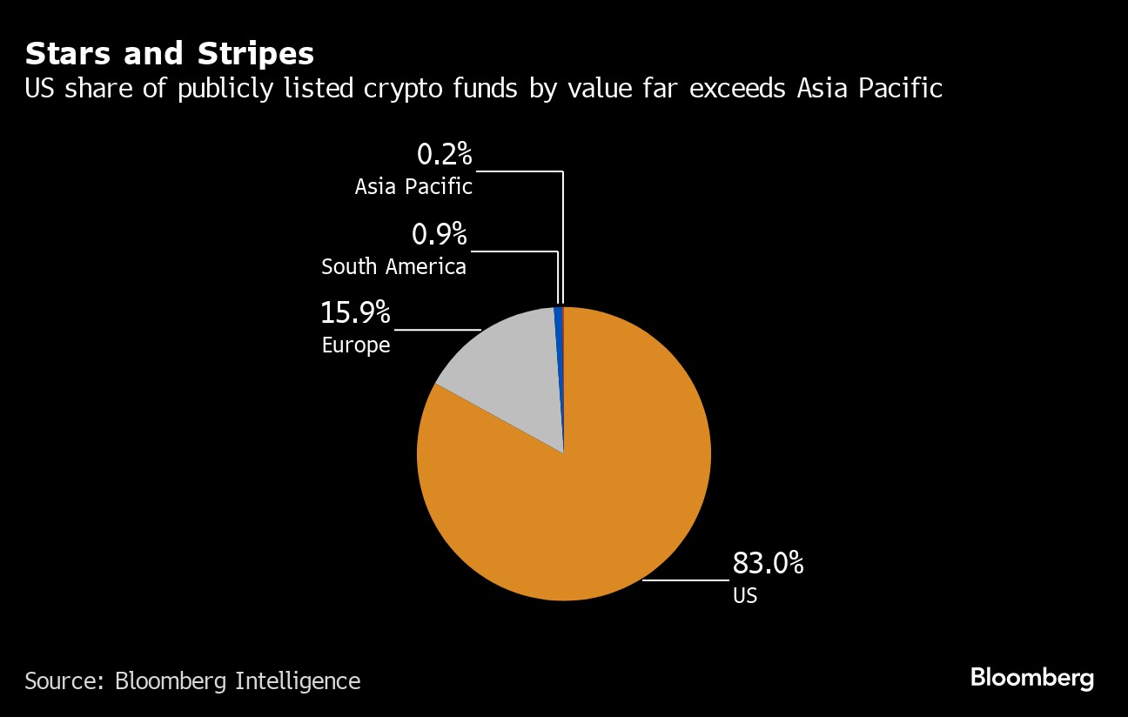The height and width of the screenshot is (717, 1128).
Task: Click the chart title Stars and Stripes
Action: click(169, 54)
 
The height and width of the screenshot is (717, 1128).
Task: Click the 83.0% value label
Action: click(767, 564)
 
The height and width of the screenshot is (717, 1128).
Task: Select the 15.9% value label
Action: click(356, 312)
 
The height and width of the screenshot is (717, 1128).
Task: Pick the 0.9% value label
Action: click(439, 234)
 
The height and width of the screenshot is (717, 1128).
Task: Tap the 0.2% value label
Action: click(444, 155)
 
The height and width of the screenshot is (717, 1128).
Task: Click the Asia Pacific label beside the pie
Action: click(413, 186)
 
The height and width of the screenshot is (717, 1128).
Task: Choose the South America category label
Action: click(393, 266)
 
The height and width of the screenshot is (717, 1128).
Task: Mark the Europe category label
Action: click(356, 345)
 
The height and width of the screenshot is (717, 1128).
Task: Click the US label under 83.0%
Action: click(744, 596)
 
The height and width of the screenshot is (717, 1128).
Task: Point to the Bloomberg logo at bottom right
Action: click(1031, 678)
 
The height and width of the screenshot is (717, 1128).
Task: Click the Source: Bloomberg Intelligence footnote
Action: click(192, 680)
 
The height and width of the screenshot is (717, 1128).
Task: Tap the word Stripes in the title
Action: click(258, 54)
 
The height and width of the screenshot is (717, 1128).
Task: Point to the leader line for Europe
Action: click(438, 330)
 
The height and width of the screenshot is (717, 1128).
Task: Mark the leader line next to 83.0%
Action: click(686, 580)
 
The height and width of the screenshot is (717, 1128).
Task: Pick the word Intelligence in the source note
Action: click(298, 680)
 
